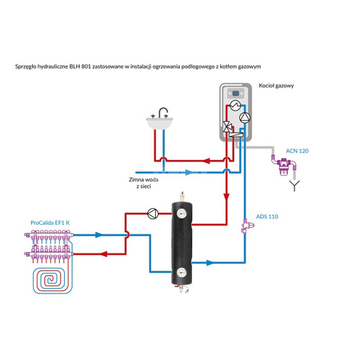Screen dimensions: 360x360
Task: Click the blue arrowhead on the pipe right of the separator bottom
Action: point(207,262)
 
